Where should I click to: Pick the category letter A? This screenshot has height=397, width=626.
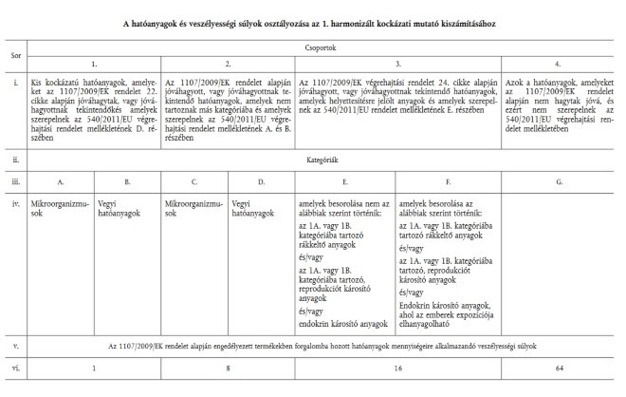pos(61,180)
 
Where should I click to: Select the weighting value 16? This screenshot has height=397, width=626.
pos(396,363)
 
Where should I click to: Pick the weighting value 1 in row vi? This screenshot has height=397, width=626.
pos(94,363)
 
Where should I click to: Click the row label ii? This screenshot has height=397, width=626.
pos(15,161)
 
